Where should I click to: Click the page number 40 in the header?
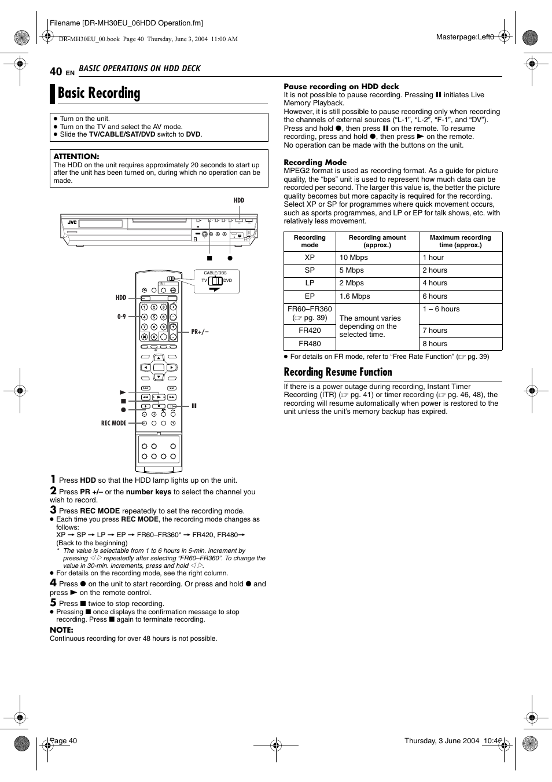56,71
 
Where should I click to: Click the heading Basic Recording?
99,93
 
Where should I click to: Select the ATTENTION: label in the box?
76,156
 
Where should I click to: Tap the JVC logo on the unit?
72,222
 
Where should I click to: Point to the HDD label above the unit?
239,200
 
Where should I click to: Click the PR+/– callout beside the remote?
200,332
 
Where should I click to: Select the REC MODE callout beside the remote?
113,423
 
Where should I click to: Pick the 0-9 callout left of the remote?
122,317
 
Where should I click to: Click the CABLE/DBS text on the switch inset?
215,273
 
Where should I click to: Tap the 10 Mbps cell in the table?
354,258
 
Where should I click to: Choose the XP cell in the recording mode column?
310,258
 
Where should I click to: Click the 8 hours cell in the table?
435,344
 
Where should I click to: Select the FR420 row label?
310,331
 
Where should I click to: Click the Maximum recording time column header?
460,241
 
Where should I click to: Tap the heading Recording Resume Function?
338,372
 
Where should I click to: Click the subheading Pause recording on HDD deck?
341,86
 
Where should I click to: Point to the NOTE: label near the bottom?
61,630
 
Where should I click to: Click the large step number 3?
53,510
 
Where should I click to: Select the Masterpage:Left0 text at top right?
465,37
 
